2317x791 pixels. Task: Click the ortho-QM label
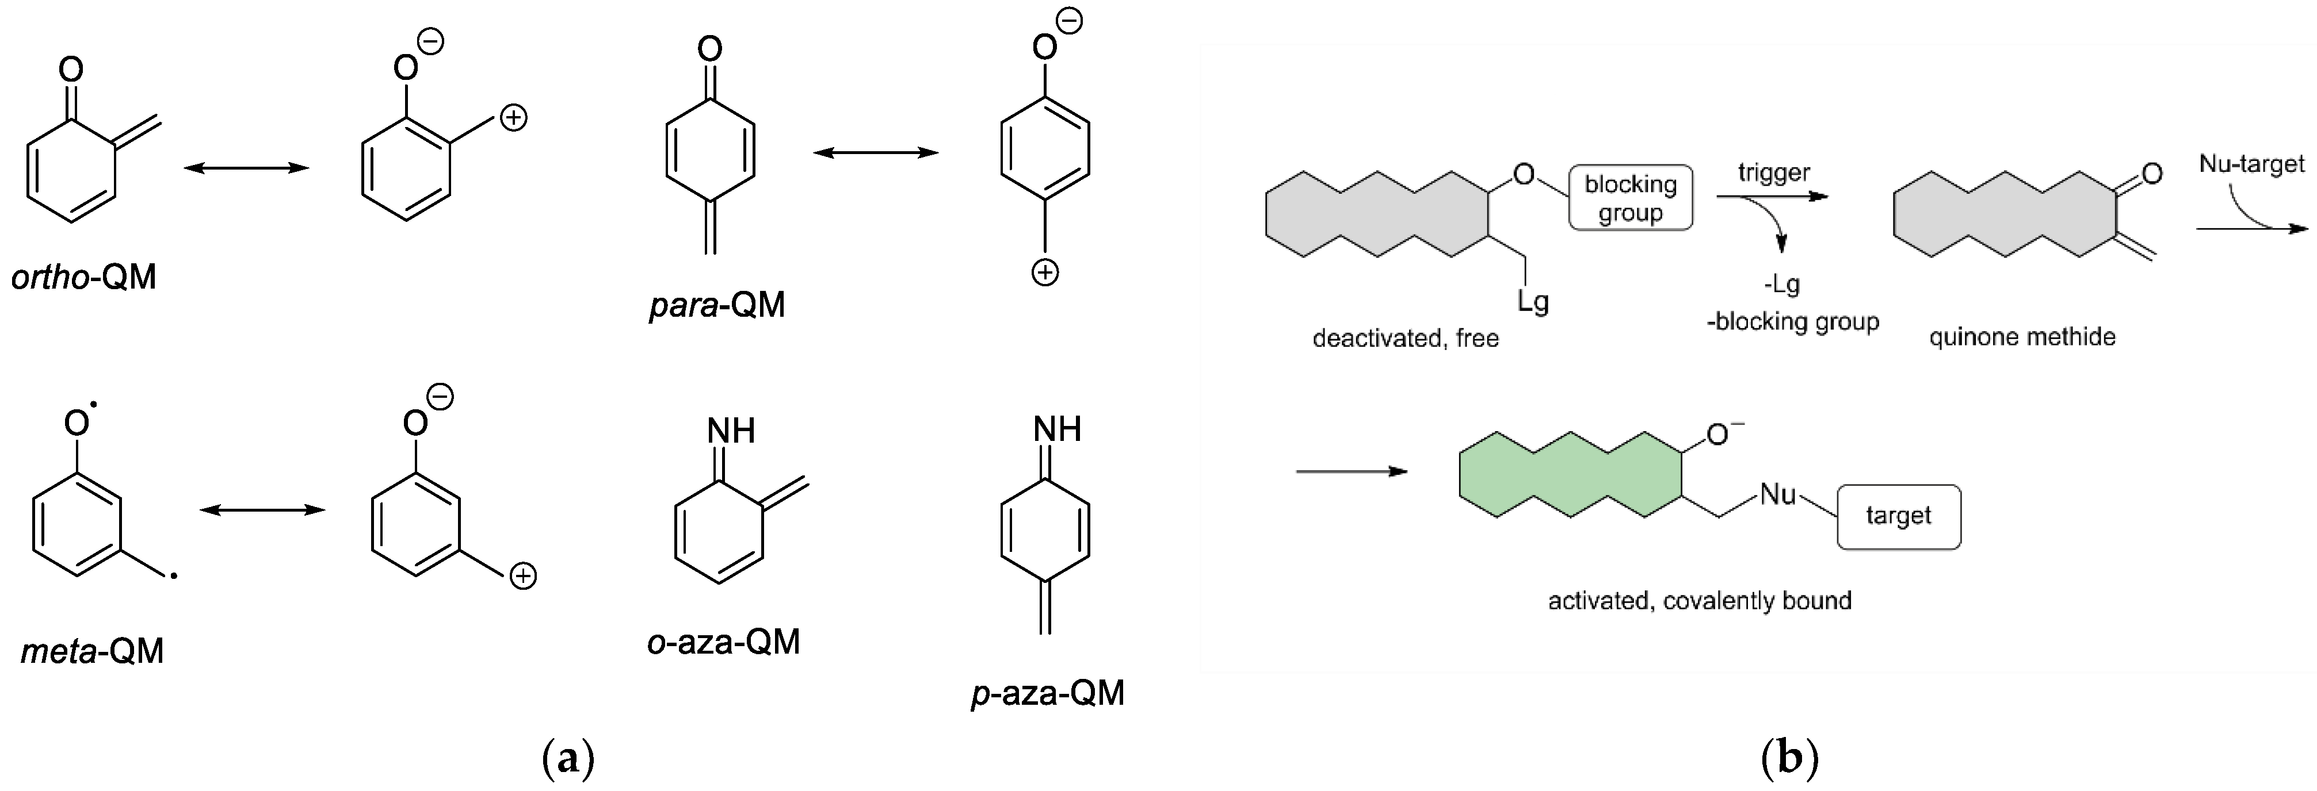click(83, 278)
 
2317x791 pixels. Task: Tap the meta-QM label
click(91, 651)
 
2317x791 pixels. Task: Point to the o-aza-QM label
click(723, 642)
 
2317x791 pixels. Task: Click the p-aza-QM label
click(1048, 693)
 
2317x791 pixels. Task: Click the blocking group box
click(1630, 198)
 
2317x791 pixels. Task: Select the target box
click(1898, 516)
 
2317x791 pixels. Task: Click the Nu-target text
click(2251, 164)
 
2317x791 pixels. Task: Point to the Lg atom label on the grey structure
click(1533, 301)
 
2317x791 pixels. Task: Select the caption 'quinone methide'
click(2022, 337)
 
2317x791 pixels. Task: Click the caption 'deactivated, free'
click(1405, 339)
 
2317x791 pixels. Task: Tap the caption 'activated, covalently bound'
click(1699, 601)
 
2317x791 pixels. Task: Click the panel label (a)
click(568, 759)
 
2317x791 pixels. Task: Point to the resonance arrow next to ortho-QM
click(246, 168)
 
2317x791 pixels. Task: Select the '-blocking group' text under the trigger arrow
click(1793, 322)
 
